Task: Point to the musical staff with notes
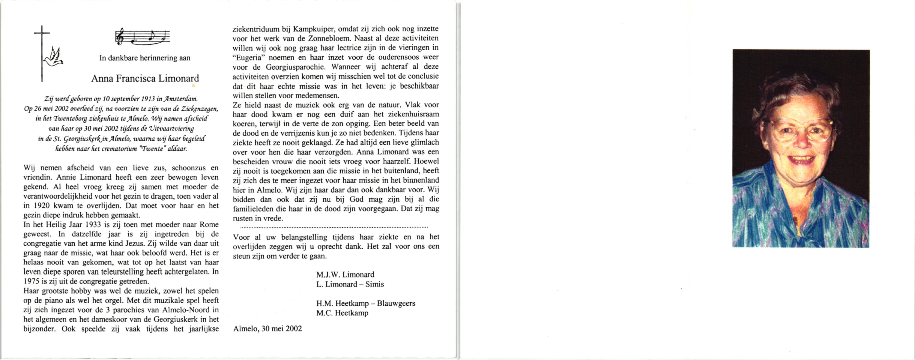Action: pos(142,37)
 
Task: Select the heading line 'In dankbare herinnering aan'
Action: pos(145,58)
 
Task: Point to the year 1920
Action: pos(34,206)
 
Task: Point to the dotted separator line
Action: pos(334,227)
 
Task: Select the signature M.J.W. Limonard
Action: pos(345,275)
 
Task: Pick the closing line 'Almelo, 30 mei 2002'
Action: pos(267,329)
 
